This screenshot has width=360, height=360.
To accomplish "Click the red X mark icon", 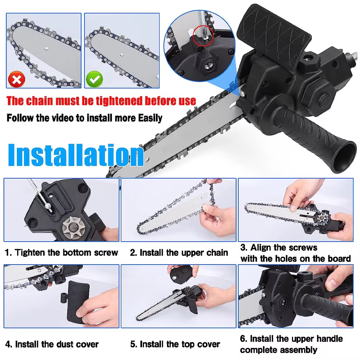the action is click(x=17, y=80).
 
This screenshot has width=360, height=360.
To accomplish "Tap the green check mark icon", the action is click(x=94, y=80).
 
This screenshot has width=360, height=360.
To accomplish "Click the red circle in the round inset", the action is click(x=203, y=36).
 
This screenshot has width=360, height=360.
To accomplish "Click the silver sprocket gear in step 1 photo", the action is click(x=74, y=228).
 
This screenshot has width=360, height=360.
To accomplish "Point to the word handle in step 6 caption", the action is click(x=329, y=339).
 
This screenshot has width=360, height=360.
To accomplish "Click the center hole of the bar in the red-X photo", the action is click(x=46, y=49).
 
